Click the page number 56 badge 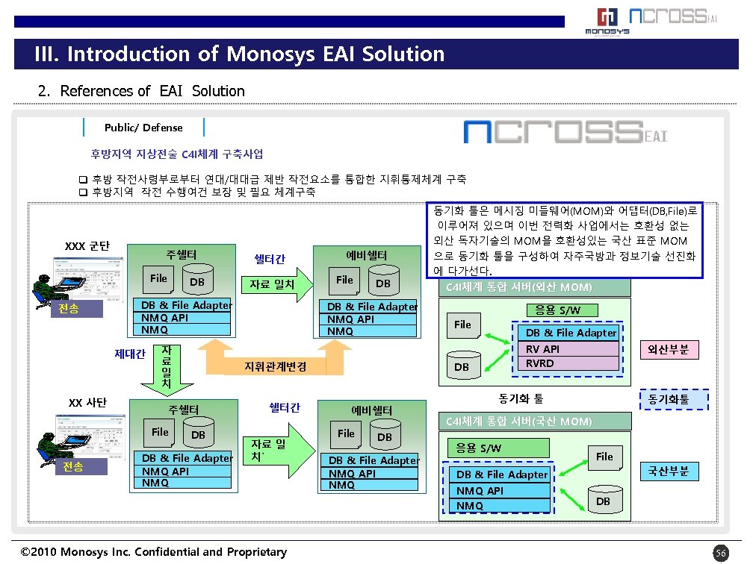(x=720, y=553)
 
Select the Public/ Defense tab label (x=143, y=128)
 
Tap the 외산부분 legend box (x=672, y=350)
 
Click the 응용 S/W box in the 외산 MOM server (x=557, y=310)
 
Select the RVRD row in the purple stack (x=568, y=363)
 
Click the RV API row (x=568, y=349)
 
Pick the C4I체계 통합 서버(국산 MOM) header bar (x=534, y=422)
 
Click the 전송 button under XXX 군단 (x=69, y=309)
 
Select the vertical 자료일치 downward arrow (x=166, y=369)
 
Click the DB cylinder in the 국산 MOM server (x=603, y=498)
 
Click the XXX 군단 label (x=87, y=246)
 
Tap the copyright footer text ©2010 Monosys (x=154, y=552)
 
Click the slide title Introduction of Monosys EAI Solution (x=239, y=54)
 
